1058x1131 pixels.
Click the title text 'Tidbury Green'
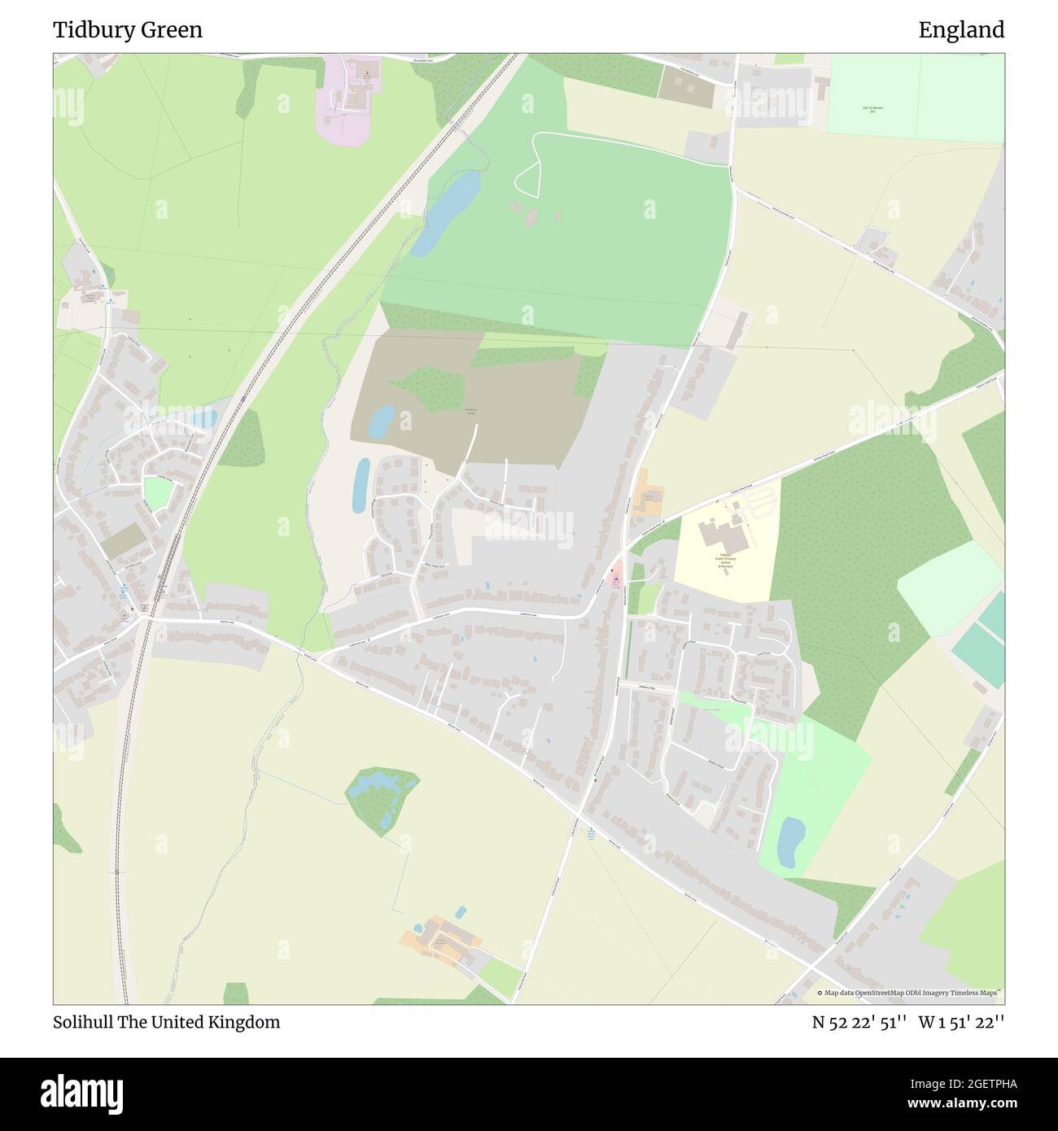(x=128, y=30)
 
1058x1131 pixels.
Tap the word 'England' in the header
(x=961, y=30)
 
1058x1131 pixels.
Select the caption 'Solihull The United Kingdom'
(x=166, y=1022)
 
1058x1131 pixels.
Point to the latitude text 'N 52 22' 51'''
(x=859, y=1022)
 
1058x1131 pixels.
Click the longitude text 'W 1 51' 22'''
(x=961, y=1022)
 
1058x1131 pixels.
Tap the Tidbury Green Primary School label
(x=725, y=561)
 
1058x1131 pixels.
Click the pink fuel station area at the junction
(x=616, y=575)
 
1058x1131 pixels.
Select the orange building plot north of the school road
(x=649, y=499)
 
